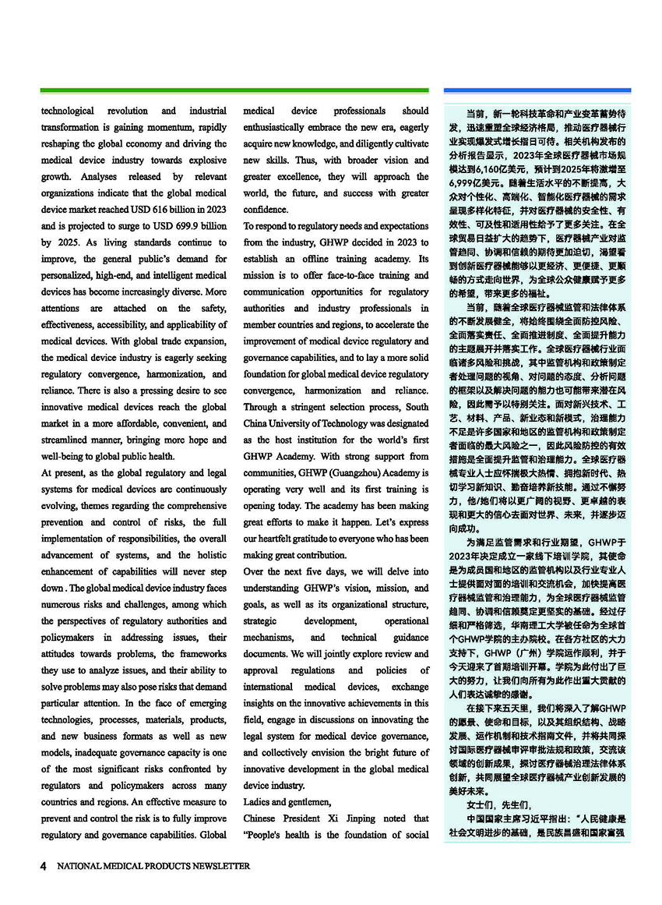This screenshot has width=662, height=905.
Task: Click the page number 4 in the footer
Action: (44, 866)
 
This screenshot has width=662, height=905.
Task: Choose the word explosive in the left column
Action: (206, 161)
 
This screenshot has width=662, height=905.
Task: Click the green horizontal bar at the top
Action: (234, 90)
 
